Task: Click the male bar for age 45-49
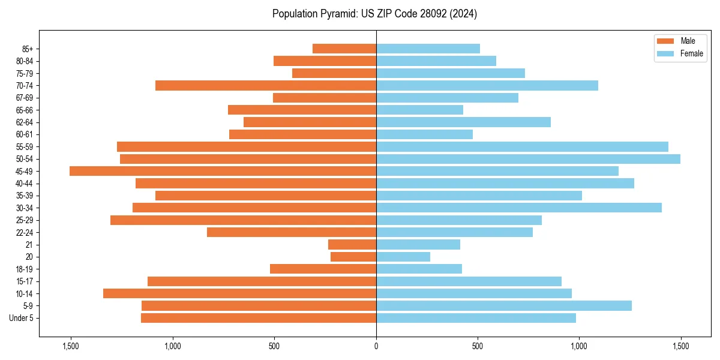pos(223,171)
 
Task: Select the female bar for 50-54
pos(528,159)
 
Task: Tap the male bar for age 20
pos(353,257)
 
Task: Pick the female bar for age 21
pos(418,245)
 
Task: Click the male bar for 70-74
pos(266,86)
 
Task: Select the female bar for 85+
pos(428,49)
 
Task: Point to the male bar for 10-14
pos(239,293)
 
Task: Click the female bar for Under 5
pos(476,318)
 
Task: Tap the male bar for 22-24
pos(292,232)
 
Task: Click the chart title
pos(374,14)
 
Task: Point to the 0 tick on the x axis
pos(376,346)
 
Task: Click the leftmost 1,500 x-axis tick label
pos(70,346)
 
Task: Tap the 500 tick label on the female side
pos(478,346)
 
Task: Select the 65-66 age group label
pos(25,110)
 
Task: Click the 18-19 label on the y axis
pos(25,269)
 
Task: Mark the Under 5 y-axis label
pos(22,318)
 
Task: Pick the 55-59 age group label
pos(25,147)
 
